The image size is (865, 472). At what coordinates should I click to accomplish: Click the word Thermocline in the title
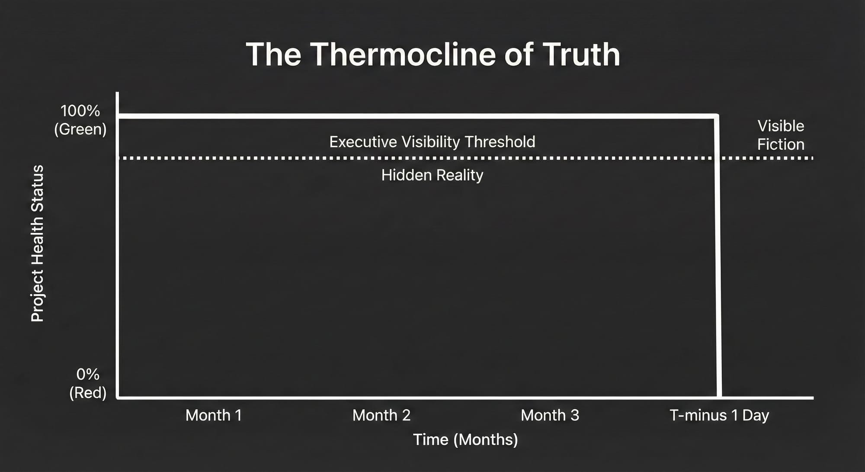pyautogui.click(x=403, y=54)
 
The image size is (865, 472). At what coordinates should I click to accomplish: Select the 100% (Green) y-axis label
pyautogui.click(x=80, y=120)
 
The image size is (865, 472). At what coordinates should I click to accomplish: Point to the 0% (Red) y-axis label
pyautogui.click(x=88, y=383)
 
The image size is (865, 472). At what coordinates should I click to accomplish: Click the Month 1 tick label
pyautogui.click(x=214, y=415)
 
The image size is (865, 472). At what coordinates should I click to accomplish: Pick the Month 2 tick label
pyautogui.click(x=381, y=415)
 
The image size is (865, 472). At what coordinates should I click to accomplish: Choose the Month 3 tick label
pyautogui.click(x=550, y=415)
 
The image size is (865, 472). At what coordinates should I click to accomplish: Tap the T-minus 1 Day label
pyautogui.click(x=719, y=416)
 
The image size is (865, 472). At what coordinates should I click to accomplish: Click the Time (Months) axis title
pyautogui.click(x=465, y=440)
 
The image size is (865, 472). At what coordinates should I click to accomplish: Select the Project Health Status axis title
pyautogui.click(x=38, y=243)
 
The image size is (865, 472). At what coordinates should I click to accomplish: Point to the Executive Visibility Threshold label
pyautogui.click(x=432, y=142)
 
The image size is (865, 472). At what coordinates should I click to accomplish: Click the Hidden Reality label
pyautogui.click(x=432, y=175)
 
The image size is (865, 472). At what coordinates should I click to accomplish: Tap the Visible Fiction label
pyautogui.click(x=781, y=135)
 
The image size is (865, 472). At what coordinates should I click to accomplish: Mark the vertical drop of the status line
pyautogui.click(x=718, y=256)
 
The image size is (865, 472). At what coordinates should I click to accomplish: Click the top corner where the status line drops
pyautogui.click(x=717, y=116)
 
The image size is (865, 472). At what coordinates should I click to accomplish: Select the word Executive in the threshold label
pyautogui.click(x=363, y=142)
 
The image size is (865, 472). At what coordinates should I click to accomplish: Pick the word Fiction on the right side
pyautogui.click(x=781, y=144)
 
